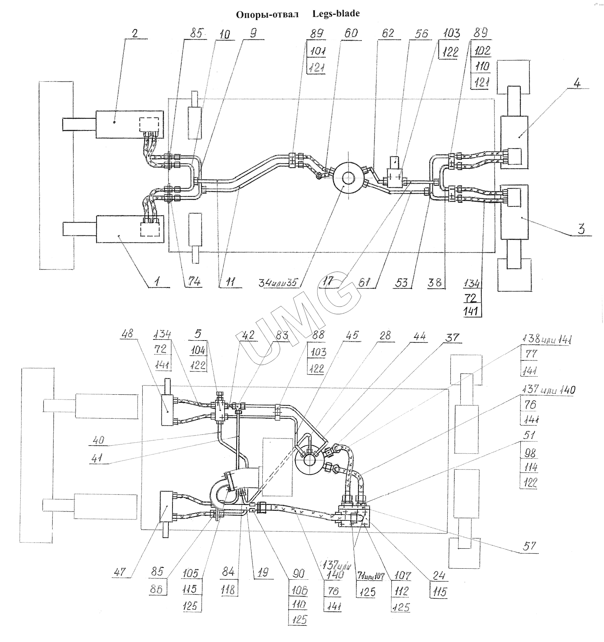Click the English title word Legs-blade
[336, 14]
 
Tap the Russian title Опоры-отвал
[267, 15]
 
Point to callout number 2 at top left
[135, 33]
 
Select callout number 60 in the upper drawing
[350, 33]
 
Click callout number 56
[421, 34]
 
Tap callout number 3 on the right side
[581, 229]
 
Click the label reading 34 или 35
[280, 282]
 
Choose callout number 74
[194, 282]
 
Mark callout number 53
[402, 282]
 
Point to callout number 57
[529, 546]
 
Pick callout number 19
[263, 573]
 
